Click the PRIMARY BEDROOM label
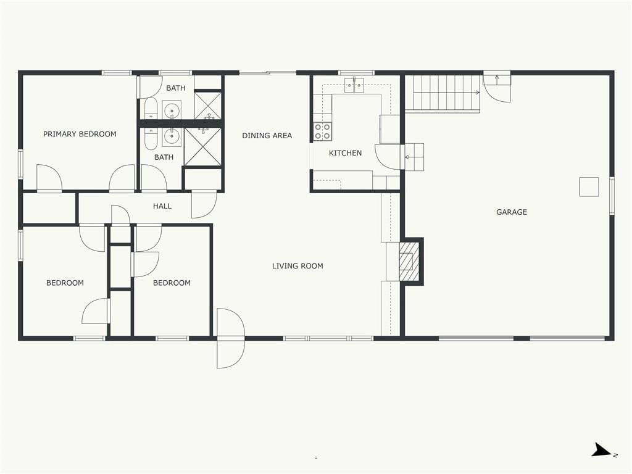click(80, 134)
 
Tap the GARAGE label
click(512, 212)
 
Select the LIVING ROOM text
click(297, 266)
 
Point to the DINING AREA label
click(267, 136)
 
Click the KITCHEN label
click(346, 153)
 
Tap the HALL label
click(162, 206)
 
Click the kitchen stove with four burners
click(322, 131)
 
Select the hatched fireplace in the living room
click(409, 261)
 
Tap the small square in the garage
click(589, 186)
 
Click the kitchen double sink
click(354, 85)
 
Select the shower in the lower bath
click(202, 147)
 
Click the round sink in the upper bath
click(172, 110)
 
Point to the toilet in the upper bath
click(151, 108)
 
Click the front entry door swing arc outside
click(231, 354)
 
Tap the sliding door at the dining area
click(268, 73)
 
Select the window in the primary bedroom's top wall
click(117, 73)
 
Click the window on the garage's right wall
click(612, 196)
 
